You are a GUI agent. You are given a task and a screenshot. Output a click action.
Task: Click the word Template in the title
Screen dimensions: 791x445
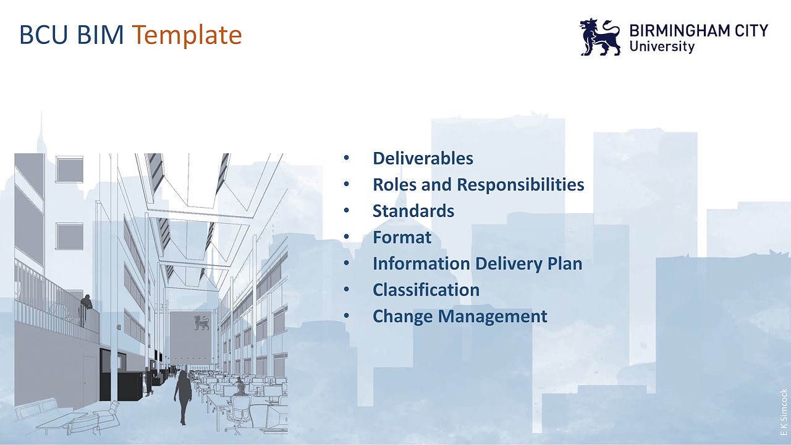[x=187, y=35]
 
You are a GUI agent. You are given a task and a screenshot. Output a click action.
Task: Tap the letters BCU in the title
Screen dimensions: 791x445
[x=43, y=35]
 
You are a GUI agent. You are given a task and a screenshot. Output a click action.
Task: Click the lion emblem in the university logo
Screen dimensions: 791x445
[x=600, y=36]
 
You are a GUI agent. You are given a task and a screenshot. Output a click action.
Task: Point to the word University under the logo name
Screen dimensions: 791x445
[x=662, y=46]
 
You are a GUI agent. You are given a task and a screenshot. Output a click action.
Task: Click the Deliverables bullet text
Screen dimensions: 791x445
[x=423, y=158]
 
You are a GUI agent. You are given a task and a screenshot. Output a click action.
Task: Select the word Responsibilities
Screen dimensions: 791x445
[x=520, y=185]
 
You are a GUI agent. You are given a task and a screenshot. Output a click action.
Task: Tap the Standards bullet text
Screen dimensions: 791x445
[x=413, y=211]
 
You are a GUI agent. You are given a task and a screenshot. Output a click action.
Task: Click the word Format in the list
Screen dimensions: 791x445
[x=402, y=237]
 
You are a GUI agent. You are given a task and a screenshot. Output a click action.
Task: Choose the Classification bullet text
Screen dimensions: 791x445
[x=426, y=290]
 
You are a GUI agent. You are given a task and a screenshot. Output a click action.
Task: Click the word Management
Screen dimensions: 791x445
[x=493, y=316]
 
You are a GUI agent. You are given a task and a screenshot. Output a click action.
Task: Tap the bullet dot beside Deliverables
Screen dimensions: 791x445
[x=346, y=158]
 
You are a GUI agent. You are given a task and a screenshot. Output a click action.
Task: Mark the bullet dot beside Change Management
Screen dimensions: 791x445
[x=346, y=316]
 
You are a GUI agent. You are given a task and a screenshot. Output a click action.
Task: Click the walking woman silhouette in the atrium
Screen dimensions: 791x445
[x=183, y=397]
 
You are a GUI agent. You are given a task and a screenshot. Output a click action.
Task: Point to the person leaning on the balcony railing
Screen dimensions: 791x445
[x=85, y=310]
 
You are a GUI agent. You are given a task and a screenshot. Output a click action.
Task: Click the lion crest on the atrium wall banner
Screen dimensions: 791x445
[x=201, y=323]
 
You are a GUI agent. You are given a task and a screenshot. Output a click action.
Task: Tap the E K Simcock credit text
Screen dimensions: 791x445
[x=784, y=412]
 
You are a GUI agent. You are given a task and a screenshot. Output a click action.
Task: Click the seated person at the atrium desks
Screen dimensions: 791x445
[x=240, y=386]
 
